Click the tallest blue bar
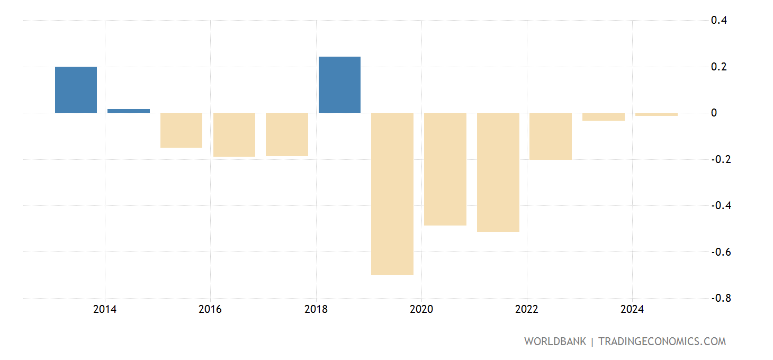point(339,85)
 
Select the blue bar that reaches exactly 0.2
point(76,89)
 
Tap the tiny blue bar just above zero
point(129,111)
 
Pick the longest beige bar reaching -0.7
point(392,193)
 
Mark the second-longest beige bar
point(498,172)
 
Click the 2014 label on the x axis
point(105,309)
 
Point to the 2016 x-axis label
point(210,309)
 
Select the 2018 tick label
point(316,309)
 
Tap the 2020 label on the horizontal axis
point(421,309)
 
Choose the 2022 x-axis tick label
point(527,309)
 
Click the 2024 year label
point(632,309)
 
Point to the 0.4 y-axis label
point(718,21)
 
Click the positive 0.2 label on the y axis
point(718,67)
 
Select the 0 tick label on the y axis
point(714,113)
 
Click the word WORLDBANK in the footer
point(555,341)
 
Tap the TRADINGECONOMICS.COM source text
point(662,341)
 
